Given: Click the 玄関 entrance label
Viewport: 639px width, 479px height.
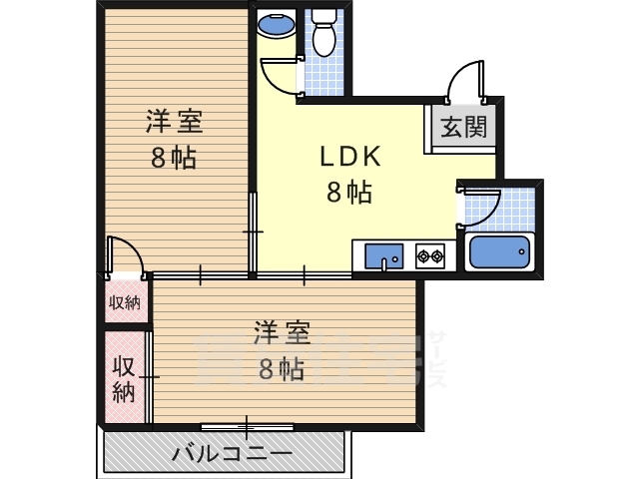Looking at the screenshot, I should click(x=465, y=127).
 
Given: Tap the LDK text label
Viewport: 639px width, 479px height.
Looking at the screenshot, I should click(x=348, y=157).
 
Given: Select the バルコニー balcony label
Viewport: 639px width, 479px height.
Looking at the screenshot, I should click(x=231, y=453).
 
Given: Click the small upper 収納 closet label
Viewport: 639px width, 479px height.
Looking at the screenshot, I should click(x=126, y=302).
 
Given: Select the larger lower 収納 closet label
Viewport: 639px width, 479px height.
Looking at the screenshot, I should click(x=124, y=378).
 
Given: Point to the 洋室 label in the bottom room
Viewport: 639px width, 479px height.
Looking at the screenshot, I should click(x=282, y=332).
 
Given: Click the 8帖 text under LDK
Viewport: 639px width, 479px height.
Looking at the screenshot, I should click(x=348, y=193).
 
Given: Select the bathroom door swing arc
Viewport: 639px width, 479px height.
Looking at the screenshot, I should click(x=480, y=206).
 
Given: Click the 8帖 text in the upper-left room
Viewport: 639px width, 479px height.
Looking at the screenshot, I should click(x=174, y=158).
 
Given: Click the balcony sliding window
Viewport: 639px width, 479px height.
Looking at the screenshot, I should click(x=247, y=426).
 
